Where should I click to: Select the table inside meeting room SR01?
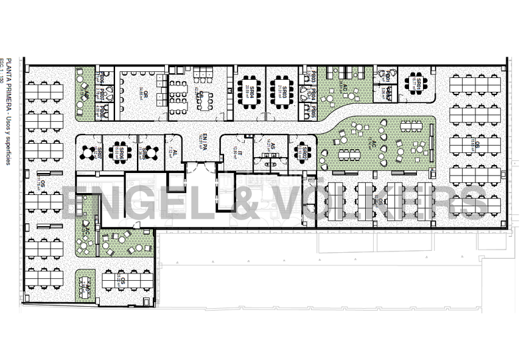[417, 83]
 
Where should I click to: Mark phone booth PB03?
[311, 80]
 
